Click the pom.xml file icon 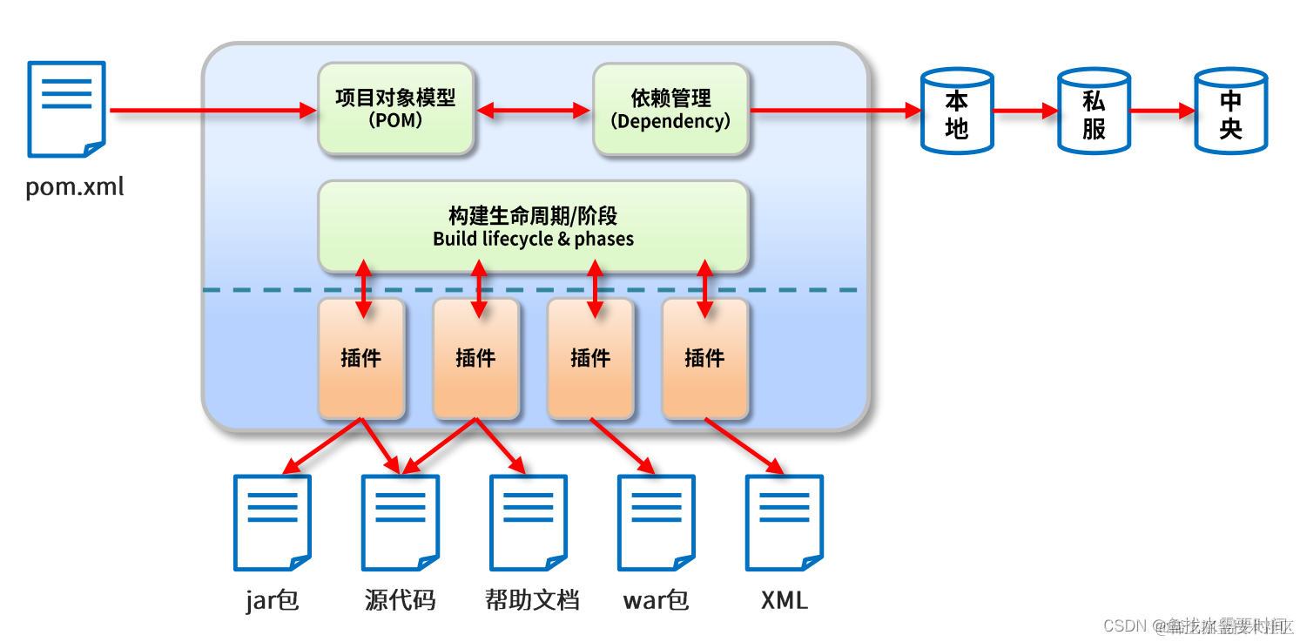coord(66,109)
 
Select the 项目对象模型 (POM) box coord(395,109)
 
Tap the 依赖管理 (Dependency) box coord(670,109)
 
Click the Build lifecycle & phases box coord(533,226)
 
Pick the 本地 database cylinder coord(957,112)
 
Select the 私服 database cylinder coord(1094,112)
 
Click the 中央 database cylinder coord(1230,112)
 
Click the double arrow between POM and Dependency coord(534,110)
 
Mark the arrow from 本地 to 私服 coord(1025,111)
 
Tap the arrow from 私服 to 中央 coord(1162,111)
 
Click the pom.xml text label coord(75,186)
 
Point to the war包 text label coord(656,600)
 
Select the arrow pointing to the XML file coord(744,447)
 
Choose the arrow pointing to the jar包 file coord(322,447)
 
